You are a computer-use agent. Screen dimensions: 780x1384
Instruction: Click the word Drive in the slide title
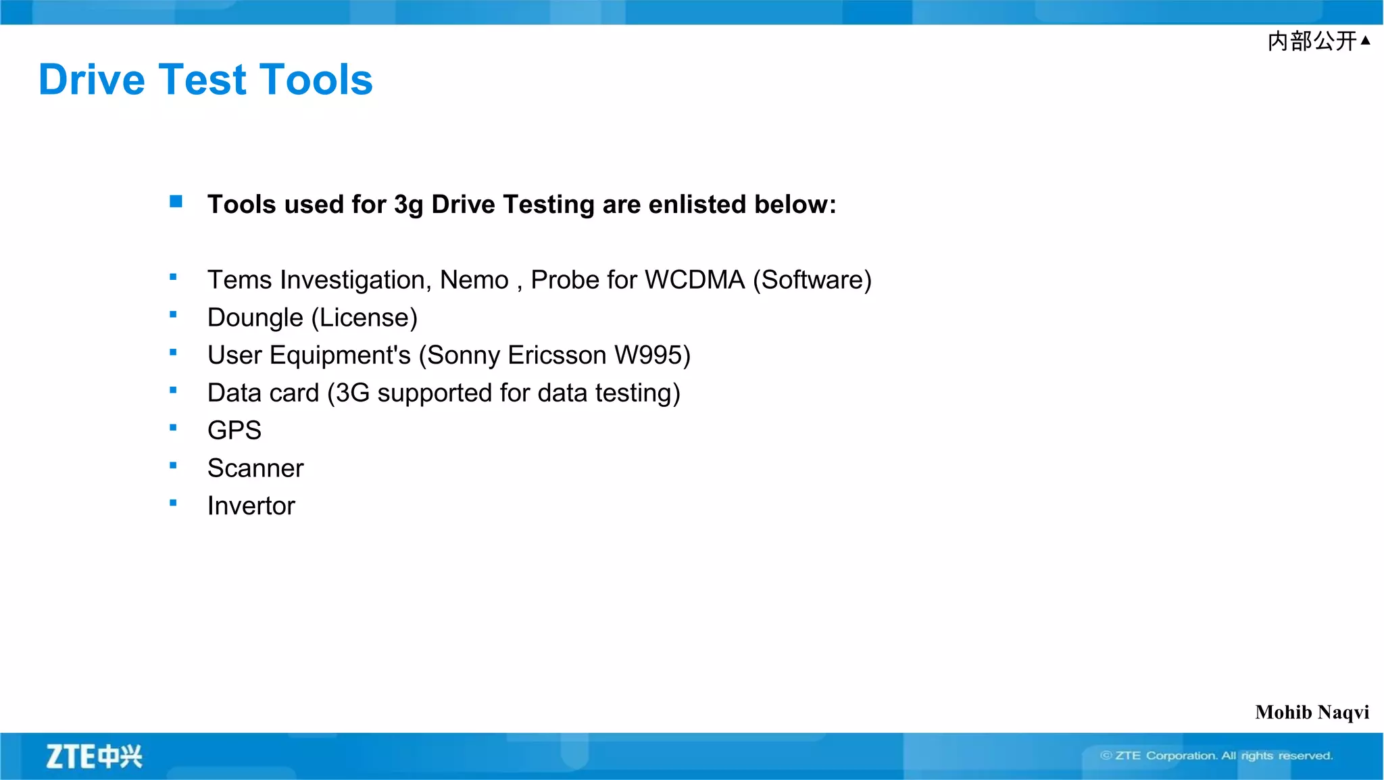pos(92,80)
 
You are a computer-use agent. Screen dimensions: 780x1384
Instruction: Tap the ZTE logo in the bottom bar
pos(94,756)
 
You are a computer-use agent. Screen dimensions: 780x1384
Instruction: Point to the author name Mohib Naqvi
pos(1312,712)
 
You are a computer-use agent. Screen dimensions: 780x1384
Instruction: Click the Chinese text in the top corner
pos(1312,41)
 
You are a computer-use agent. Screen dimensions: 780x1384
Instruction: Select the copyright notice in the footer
pos(1216,756)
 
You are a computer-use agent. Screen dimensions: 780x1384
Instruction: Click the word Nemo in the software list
pos(474,280)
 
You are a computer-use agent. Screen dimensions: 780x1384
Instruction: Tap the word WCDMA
pos(695,280)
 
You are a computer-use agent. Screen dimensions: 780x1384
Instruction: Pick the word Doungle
pos(255,318)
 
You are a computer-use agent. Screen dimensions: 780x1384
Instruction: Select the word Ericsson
pos(557,356)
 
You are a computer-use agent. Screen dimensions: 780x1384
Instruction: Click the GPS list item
pos(234,431)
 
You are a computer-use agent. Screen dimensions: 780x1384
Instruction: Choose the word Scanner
pos(255,468)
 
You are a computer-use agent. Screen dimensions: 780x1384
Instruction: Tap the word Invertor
pos(251,506)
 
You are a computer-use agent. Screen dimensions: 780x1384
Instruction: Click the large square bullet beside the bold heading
pos(176,201)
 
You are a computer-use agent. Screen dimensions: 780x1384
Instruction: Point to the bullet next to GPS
pos(173,427)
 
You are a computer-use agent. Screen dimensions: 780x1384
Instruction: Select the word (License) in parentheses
pos(364,318)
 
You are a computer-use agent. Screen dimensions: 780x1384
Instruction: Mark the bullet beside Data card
pos(173,390)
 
